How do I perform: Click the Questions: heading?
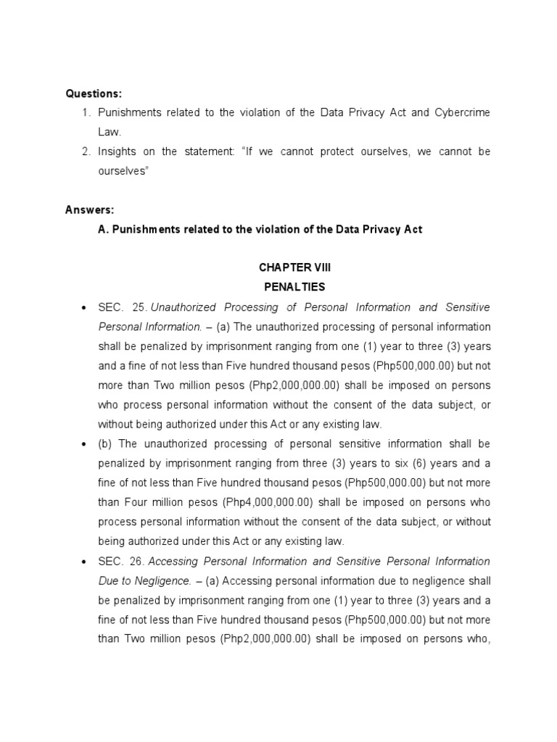click(94, 93)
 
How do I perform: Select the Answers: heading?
click(90, 210)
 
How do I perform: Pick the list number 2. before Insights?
click(86, 151)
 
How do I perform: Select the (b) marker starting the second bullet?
click(106, 444)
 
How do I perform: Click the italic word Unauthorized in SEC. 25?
click(181, 307)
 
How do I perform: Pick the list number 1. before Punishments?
click(86, 113)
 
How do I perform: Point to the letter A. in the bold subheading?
click(103, 230)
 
